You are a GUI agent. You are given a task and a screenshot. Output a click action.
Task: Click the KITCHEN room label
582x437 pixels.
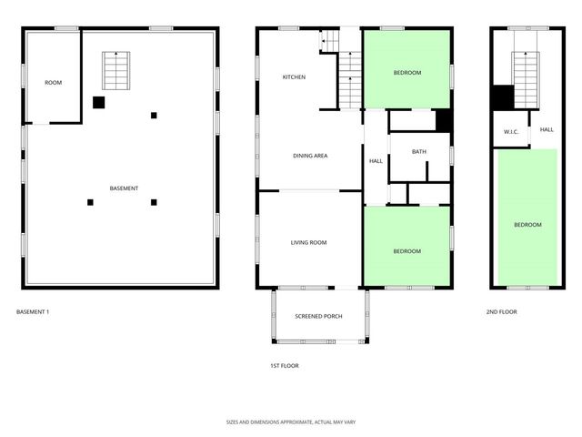point(294,77)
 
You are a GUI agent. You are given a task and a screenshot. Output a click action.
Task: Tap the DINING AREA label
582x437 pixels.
point(310,156)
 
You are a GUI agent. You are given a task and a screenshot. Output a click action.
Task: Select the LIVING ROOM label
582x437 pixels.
point(308,242)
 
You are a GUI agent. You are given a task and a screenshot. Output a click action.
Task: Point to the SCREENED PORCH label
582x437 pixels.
point(318,316)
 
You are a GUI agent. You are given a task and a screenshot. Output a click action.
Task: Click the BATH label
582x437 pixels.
point(418,152)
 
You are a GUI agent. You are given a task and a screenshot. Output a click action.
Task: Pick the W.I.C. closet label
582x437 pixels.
point(511,132)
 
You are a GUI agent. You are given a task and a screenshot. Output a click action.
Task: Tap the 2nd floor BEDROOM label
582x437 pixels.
point(527,225)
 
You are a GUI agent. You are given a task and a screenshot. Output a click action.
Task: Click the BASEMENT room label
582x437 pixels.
point(124,188)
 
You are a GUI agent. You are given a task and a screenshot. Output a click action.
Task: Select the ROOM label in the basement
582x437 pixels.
point(54,83)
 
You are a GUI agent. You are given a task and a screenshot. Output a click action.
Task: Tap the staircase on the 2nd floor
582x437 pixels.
point(525,70)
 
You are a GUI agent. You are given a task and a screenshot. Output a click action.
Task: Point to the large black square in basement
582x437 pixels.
point(99,102)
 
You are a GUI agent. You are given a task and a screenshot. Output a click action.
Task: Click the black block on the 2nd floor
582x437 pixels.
point(503,97)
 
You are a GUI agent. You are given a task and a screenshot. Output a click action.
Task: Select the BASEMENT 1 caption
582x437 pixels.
point(33,312)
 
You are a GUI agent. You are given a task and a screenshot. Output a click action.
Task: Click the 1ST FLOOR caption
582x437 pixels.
point(285,365)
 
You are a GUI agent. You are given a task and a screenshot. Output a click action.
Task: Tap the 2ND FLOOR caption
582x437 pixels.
point(501,312)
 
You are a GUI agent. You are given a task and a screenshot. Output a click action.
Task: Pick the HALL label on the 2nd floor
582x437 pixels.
point(547,129)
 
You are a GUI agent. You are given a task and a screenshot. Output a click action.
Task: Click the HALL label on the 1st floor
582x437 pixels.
point(376,161)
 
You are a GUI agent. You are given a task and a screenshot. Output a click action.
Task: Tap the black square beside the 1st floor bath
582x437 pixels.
point(444,120)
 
